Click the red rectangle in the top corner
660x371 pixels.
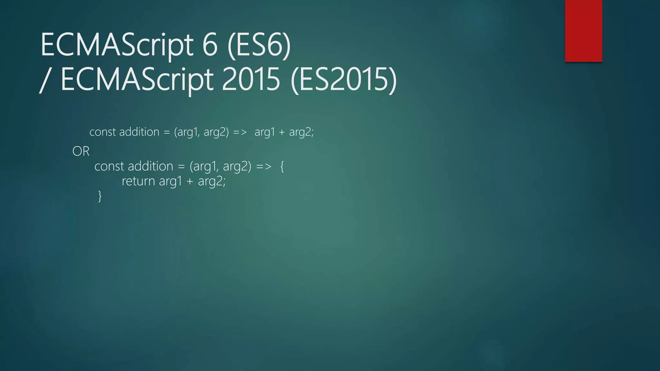pos(583,31)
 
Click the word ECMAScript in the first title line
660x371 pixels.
pos(117,45)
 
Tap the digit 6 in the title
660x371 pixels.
pos(210,45)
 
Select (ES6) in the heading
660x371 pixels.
pos(259,45)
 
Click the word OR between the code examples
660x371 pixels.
pos(81,151)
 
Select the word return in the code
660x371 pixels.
pos(138,181)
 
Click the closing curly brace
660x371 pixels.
pos(100,196)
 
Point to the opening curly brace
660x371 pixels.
pos(282,166)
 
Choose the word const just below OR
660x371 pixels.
pos(109,166)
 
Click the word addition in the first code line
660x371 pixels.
pos(139,132)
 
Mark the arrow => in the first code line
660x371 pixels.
pos(240,132)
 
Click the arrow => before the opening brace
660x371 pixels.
pos(264,166)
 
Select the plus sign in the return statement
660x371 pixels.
pos(190,181)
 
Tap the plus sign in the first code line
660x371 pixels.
pos(282,132)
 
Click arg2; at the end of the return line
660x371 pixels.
pos(212,181)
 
